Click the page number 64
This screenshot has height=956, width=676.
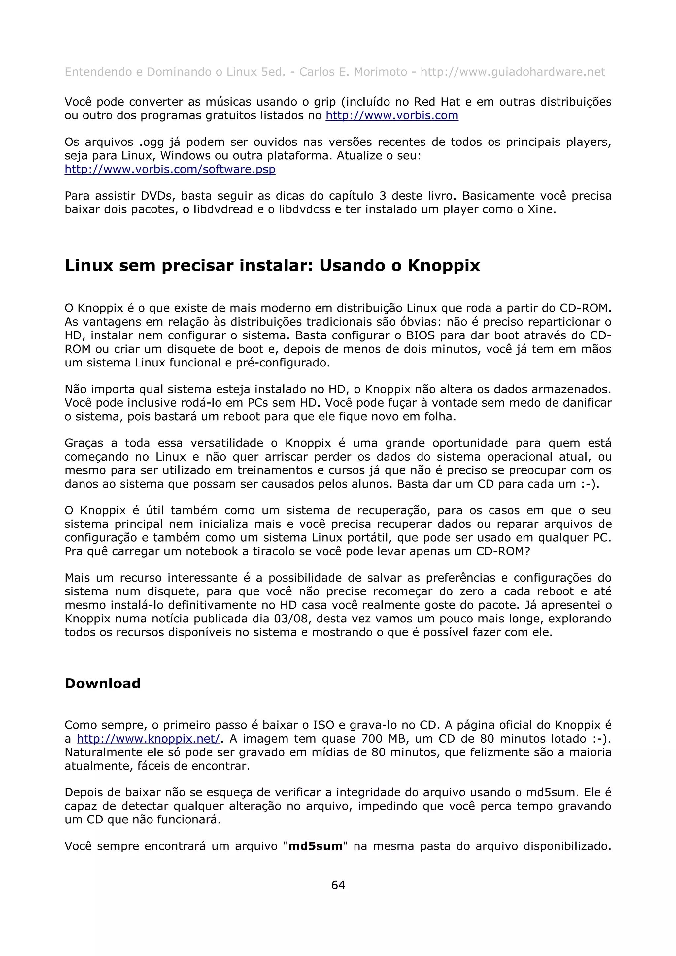(338, 885)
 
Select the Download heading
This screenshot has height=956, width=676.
(102, 683)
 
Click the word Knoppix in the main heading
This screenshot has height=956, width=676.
(444, 265)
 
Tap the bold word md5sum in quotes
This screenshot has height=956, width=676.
(315, 846)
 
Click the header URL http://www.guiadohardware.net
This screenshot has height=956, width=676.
(513, 72)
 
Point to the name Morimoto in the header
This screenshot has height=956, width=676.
(380, 72)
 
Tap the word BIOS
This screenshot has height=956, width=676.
(420, 335)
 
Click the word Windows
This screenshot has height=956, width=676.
(186, 156)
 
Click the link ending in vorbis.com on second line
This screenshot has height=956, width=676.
(391, 115)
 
